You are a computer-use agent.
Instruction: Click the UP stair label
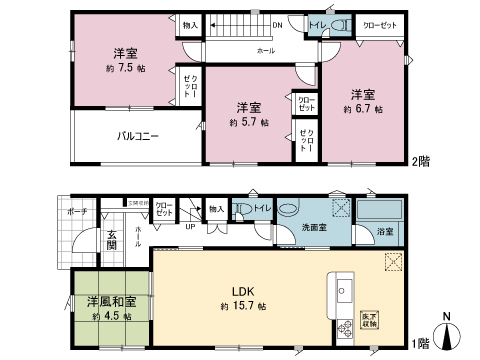click(191, 225)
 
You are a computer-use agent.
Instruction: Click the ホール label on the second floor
click(265, 50)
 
